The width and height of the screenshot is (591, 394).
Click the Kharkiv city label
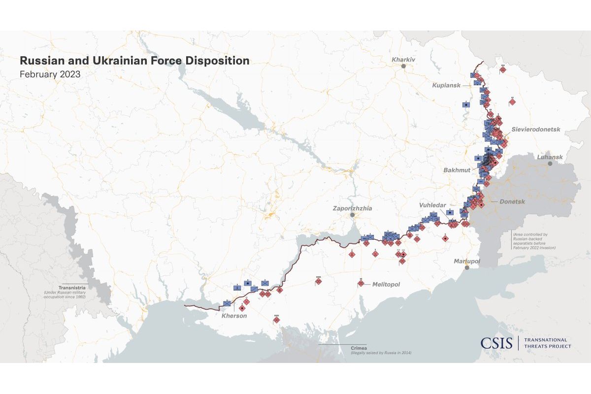(x=403, y=60)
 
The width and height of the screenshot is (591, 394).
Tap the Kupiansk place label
(x=446, y=85)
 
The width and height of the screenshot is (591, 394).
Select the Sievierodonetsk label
(x=536, y=130)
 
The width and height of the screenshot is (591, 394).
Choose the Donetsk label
(x=512, y=202)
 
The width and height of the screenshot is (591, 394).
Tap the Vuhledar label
(x=432, y=204)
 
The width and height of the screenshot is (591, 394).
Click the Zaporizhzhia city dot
(x=352, y=215)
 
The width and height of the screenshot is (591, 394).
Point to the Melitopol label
(x=386, y=285)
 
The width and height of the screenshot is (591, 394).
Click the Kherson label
(x=234, y=316)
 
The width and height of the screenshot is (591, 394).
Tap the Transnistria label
(x=72, y=288)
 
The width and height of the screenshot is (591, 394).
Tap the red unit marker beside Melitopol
(x=361, y=283)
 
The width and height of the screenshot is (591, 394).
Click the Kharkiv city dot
(x=404, y=66)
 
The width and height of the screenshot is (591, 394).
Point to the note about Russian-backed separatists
(x=534, y=241)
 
